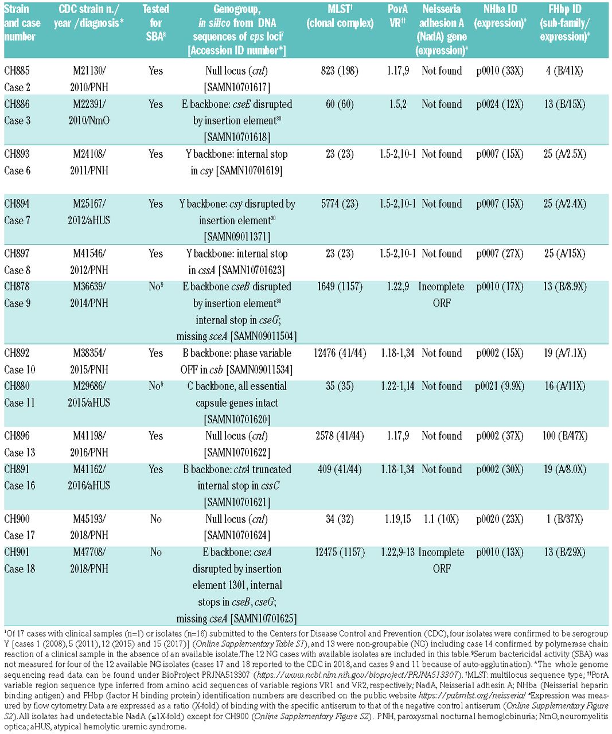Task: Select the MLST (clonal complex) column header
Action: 340,16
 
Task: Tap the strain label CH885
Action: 17,71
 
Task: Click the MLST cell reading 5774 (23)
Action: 340,204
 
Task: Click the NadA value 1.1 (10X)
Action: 441,519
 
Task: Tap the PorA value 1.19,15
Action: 397,519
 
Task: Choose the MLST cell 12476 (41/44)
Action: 340,353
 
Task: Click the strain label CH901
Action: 17,552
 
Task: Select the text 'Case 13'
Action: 20,452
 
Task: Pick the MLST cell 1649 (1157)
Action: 340,287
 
